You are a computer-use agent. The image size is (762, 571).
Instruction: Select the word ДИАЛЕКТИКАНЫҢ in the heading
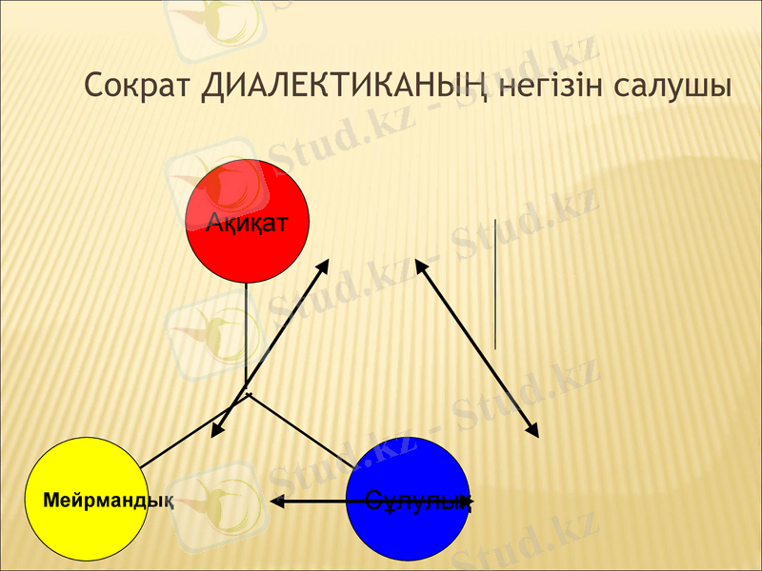click(x=345, y=86)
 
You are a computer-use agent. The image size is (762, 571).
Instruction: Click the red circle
click(x=248, y=222)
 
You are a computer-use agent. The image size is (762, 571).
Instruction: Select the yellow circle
click(x=86, y=499)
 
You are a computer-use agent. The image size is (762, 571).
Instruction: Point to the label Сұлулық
click(x=419, y=501)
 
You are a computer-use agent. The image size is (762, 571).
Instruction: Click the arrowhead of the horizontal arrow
click(x=276, y=500)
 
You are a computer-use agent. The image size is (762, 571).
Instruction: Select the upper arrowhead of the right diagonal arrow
click(x=418, y=264)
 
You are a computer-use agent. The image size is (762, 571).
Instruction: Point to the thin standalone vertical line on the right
click(x=495, y=285)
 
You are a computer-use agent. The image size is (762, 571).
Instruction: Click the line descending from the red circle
click(x=247, y=333)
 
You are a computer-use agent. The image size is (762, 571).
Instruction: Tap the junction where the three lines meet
click(x=248, y=393)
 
